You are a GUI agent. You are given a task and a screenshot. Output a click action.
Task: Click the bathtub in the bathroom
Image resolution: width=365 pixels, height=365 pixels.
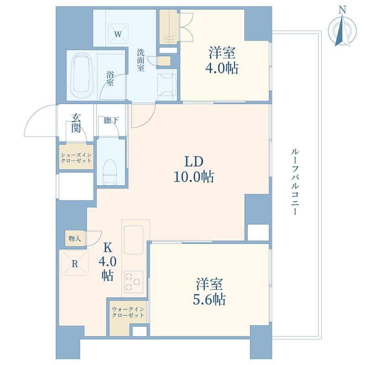click(x=83, y=76)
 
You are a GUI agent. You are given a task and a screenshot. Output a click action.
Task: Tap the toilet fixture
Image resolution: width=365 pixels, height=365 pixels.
click(x=110, y=171)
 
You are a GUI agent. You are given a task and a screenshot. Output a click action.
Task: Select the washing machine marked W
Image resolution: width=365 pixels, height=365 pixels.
click(x=118, y=33)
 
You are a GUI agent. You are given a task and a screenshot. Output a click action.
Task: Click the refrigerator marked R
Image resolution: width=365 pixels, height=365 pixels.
click(x=74, y=263)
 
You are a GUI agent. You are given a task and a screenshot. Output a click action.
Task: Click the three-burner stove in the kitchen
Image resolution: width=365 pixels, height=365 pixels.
click(x=133, y=282)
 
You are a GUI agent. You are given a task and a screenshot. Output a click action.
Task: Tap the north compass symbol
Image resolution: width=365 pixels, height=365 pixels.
click(x=342, y=30)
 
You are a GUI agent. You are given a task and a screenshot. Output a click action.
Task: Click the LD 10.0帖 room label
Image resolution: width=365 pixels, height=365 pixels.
click(x=194, y=169)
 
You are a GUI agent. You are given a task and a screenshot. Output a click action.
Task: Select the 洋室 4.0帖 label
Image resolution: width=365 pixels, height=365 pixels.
click(x=222, y=60)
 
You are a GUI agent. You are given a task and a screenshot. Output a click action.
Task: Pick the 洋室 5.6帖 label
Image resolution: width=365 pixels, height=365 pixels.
click(x=209, y=291)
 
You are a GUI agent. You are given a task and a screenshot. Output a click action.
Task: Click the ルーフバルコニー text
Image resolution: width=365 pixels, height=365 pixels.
click(x=295, y=182)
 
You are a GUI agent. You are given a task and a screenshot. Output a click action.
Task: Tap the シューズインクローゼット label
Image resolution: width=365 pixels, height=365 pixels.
click(x=76, y=157)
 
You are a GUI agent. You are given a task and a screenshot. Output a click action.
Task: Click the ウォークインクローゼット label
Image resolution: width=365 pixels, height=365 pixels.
click(x=128, y=312)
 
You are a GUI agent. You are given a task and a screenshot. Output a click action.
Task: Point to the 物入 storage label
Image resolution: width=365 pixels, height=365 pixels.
click(x=74, y=238)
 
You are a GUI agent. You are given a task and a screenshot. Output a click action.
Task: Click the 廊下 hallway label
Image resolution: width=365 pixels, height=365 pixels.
click(x=111, y=120)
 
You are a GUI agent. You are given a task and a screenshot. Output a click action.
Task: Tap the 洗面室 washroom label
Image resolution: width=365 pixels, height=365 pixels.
click(x=141, y=60)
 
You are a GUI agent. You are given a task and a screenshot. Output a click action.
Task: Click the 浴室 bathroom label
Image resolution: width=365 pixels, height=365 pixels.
click(x=110, y=78)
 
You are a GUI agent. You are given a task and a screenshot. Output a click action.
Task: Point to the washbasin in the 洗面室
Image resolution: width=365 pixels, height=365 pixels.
click(x=167, y=85)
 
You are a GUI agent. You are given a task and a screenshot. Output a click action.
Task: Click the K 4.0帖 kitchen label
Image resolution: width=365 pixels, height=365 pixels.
click(x=107, y=262)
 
